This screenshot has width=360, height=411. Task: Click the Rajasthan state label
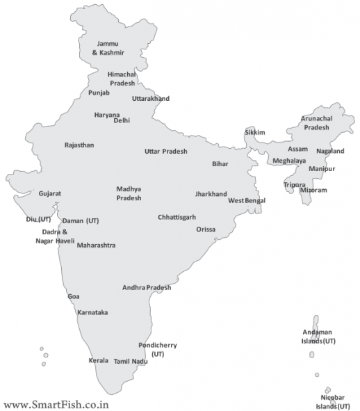click(79, 145)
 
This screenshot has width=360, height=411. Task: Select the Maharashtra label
click(96, 245)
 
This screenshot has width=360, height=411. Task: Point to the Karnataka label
click(92, 312)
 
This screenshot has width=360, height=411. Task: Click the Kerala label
click(99, 360)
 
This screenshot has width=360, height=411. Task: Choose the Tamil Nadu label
click(131, 361)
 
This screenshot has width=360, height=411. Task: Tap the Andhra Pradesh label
click(147, 287)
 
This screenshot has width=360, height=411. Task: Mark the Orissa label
click(206, 229)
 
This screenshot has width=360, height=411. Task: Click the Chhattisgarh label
click(177, 216)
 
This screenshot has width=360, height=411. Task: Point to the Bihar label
click(220, 164)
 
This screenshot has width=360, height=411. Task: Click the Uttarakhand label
click(151, 99)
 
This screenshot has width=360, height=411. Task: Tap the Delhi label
click(122, 120)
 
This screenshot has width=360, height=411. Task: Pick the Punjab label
click(99, 92)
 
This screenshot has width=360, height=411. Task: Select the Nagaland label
click(330, 151)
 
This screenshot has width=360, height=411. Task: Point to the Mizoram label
click(313, 189)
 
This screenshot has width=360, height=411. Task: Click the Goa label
click(73, 296)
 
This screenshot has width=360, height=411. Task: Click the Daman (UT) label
click(81, 220)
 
